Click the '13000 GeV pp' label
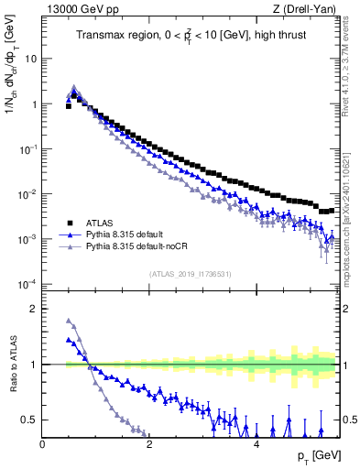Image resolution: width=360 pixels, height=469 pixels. (80, 9)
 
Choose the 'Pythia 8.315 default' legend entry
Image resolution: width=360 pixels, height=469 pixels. (136, 234)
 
